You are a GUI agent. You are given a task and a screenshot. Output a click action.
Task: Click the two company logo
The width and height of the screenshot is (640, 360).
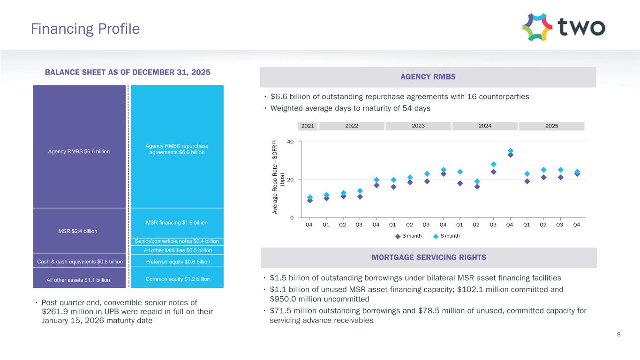point(563,28)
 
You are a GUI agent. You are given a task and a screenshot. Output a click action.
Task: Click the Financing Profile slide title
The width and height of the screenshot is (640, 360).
point(85,29)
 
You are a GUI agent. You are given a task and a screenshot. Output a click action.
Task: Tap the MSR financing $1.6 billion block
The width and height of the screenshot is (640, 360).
point(177,222)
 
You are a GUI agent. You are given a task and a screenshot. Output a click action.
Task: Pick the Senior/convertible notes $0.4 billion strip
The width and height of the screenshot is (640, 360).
point(177,241)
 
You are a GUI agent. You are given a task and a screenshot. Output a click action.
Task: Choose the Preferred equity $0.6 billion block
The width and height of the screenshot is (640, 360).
point(177,262)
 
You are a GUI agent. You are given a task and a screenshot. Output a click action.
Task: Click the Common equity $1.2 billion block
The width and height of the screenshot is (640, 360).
point(177,279)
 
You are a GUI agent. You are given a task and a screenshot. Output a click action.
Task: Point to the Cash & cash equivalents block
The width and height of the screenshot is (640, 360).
point(79,262)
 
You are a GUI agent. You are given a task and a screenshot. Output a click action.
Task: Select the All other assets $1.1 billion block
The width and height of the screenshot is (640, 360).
point(79,280)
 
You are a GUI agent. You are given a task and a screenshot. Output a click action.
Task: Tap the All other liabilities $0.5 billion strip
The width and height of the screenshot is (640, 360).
point(177,250)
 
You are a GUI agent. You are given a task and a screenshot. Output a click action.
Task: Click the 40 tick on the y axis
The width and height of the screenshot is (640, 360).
point(291,142)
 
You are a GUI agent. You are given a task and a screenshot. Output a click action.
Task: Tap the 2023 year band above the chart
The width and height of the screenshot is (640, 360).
point(417,126)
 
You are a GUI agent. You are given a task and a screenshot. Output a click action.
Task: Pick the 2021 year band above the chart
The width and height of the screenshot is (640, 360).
point(308,126)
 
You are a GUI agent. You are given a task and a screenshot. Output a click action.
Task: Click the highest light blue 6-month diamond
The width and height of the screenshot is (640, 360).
point(510,151)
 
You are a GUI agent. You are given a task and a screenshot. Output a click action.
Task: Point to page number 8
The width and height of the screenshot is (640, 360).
point(618,334)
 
